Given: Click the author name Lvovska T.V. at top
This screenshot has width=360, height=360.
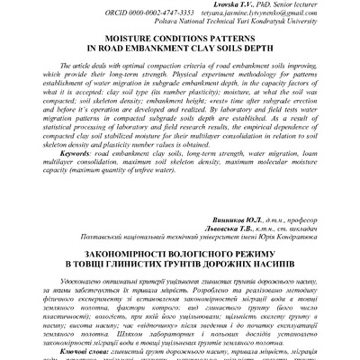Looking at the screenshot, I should point(229,6).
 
